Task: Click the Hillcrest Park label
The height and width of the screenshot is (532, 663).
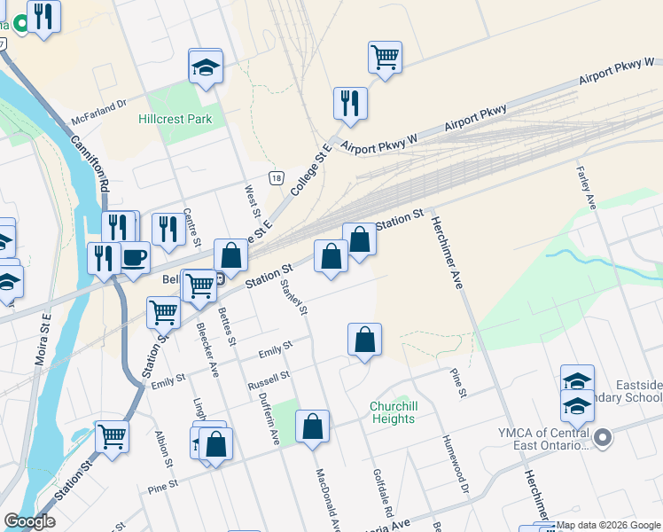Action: [x=175, y=119]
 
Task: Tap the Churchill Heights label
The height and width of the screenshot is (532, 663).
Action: [x=392, y=412]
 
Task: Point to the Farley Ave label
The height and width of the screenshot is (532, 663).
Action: [x=585, y=189]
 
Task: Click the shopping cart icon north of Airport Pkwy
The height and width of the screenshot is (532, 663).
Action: [x=386, y=57]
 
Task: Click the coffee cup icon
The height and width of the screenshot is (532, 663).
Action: [x=134, y=257]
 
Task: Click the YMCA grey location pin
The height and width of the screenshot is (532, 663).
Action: [x=604, y=437]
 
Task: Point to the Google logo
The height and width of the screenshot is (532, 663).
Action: [x=29, y=521]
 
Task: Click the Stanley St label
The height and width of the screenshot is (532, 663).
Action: [x=295, y=299]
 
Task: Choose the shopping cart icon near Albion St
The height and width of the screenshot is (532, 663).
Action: [x=113, y=435]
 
